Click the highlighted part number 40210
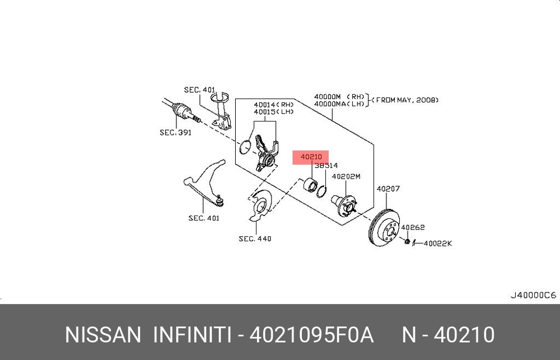click(311, 157)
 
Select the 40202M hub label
click(346, 176)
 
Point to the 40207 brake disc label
click(388, 189)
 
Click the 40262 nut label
click(413, 227)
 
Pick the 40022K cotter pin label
click(437, 244)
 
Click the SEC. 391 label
click(175, 133)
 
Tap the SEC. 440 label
click(255, 239)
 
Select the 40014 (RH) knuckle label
click(274, 104)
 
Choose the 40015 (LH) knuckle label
click(274, 111)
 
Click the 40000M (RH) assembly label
click(331, 96)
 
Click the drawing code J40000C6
click(533, 294)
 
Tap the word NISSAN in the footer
click(103, 335)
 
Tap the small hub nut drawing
click(407, 241)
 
